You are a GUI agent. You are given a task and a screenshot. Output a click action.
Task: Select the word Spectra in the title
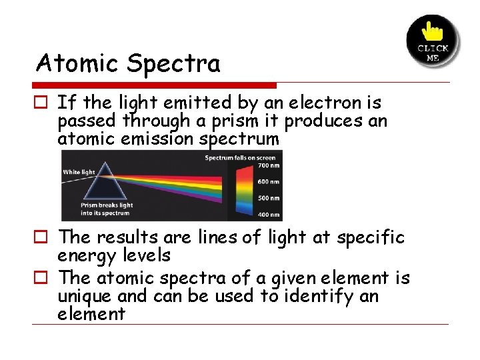point(173,65)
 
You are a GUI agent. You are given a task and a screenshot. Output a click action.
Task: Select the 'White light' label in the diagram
point(80,173)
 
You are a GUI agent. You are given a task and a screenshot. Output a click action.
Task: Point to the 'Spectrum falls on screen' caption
point(239,158)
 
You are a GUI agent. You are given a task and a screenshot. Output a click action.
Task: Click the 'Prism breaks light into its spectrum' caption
point(107,209)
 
